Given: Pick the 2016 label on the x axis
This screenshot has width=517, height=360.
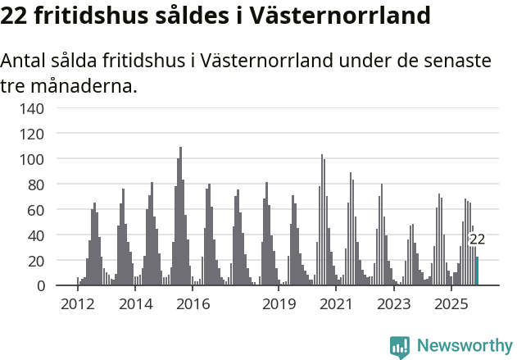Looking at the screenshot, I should (x=193, y=305).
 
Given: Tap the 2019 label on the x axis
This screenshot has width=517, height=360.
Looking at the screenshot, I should (x=279, y=305).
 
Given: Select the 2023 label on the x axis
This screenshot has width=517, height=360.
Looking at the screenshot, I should (x=393, y=305).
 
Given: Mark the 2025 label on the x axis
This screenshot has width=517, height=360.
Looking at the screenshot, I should (x=451, y=305).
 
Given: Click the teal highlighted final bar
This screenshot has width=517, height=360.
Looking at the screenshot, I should (x=478, y=271).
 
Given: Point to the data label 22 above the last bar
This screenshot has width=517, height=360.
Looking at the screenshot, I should (x=477, y=240).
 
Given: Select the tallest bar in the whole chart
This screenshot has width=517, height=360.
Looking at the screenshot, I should (x=180, y=216).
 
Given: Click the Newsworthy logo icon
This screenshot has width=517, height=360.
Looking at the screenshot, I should (x=400, y=346).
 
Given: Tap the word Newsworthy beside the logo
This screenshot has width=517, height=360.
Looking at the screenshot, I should (x=464, y=346).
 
